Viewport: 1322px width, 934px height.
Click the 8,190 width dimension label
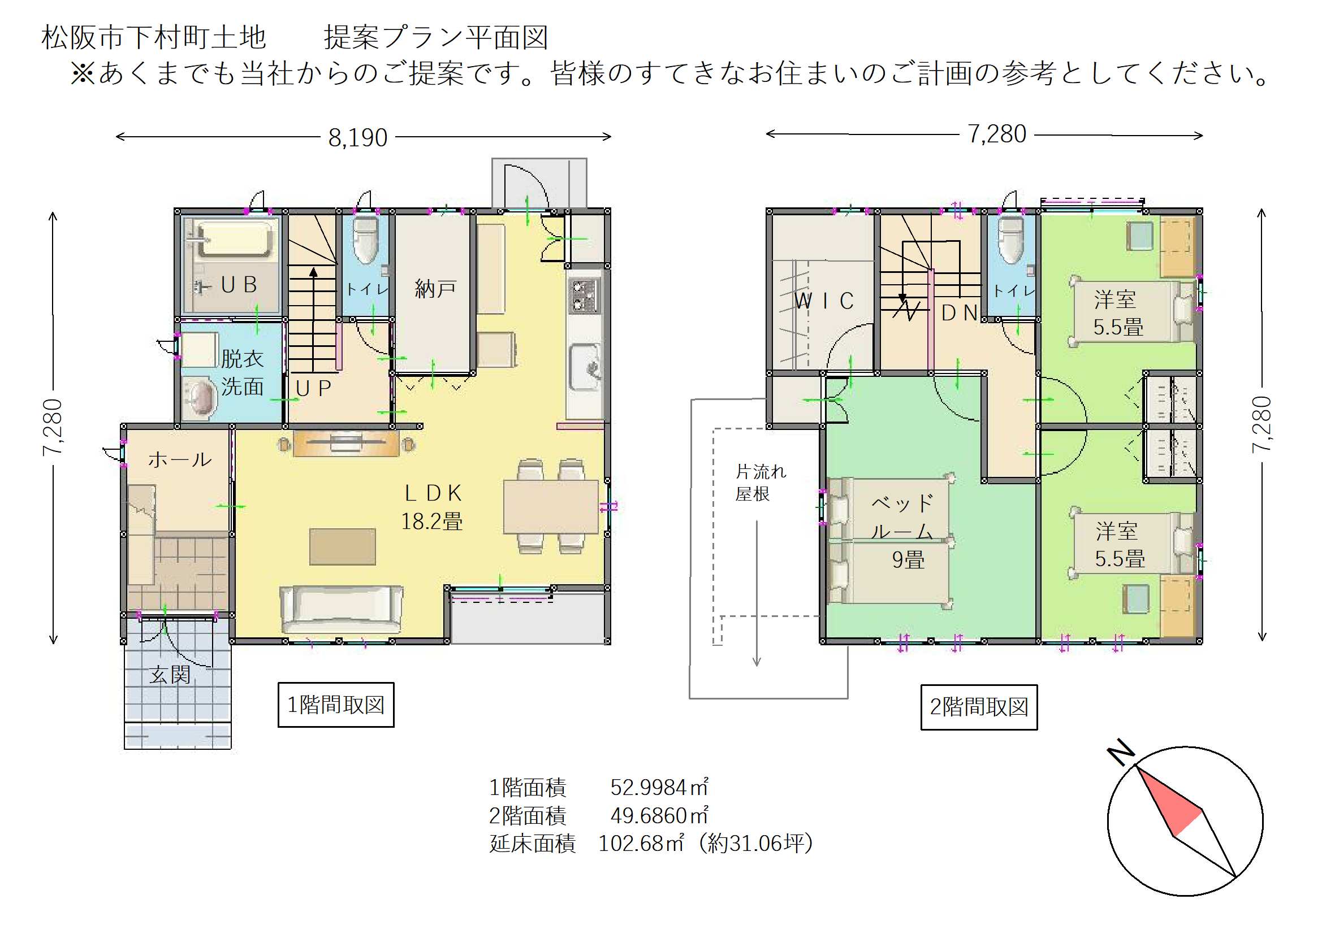click(357, 137)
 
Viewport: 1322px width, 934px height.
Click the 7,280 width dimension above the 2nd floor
click(997, 134)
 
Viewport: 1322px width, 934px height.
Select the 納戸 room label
click(436, 288)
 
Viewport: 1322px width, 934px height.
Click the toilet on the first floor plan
click(365, 240)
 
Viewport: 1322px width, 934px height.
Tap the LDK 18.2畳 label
click(432, 507)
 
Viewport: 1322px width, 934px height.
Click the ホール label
click(180, 459)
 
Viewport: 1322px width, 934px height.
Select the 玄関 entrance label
click(170, 675)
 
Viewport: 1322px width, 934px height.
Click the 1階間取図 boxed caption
click(336, 705)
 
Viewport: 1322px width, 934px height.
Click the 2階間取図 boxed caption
click(979, 707)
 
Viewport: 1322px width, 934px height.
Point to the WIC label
click(824, 301)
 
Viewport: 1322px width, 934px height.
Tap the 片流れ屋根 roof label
click(760, 482)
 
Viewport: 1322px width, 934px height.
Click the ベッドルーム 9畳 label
click(904, 531)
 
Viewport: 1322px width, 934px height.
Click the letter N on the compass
click(1121, 751)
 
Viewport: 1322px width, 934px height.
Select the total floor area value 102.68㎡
click(641, 844)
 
